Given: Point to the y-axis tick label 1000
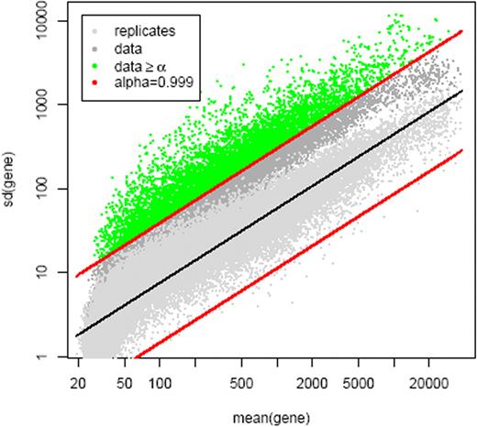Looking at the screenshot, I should click(49, 104).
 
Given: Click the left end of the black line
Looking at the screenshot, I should click(75, 335).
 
